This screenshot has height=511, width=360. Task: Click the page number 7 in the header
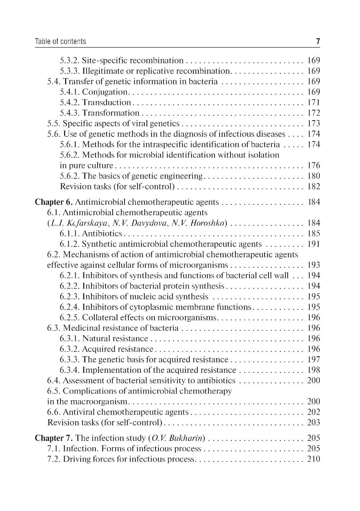[318, 41]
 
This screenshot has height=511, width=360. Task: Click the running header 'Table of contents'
[60, 41]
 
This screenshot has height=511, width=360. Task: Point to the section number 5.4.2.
[70, 103]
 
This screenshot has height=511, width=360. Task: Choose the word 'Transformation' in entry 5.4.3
[111, 113]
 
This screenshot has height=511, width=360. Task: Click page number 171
[314, 103]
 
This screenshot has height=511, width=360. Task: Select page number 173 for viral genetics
[314, 123]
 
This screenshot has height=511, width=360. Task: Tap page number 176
[314, 166]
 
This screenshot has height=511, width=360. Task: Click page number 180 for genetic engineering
[314, 176]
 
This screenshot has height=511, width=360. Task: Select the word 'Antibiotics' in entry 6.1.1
[102, 234]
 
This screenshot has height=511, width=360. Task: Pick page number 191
[314, 244]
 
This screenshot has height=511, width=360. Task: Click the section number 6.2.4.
[70, 307]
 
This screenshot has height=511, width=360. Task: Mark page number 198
[314, 370]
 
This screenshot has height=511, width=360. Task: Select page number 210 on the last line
[314, 459]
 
